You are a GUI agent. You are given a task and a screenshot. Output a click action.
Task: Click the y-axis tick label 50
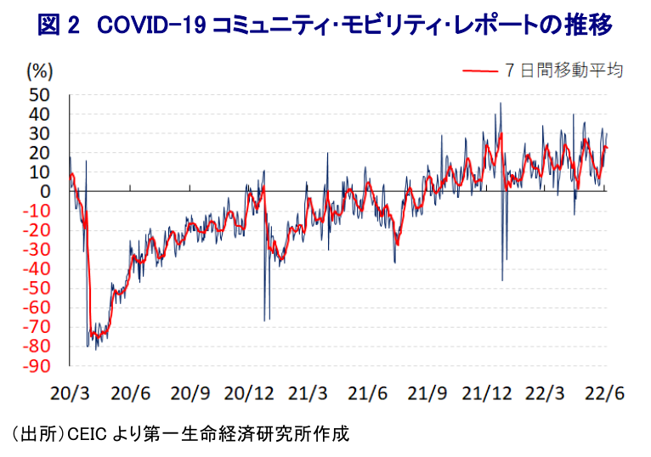pos(38,94)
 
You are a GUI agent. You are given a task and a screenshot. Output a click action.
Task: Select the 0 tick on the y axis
pos(44,191)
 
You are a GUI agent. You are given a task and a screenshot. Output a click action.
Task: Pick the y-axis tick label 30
pos(38,133)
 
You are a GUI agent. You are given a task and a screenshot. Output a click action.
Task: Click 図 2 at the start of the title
pos(59,25)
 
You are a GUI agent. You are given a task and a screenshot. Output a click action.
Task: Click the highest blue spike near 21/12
pos(501,104)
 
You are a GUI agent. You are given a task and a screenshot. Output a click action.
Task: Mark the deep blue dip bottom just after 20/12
pos(264,320)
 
